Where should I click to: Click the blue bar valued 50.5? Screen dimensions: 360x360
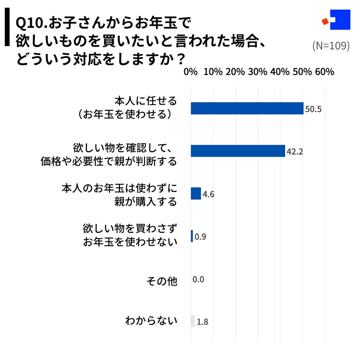[247, 108]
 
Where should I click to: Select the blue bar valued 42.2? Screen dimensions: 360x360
[238, 151]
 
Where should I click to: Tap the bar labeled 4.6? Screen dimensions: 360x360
[196, 193]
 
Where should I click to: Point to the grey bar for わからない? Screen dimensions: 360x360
[193, 321]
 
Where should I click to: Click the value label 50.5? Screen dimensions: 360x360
[313, 109]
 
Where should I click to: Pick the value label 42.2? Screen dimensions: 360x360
[295, 152]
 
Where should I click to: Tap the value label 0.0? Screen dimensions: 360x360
[198, 279]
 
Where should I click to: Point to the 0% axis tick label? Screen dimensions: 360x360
[191, 72]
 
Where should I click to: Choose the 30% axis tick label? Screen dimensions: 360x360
[257, 72]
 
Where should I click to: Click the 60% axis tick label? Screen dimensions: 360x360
[324, 72]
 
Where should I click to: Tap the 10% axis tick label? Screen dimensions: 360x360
[213, 72]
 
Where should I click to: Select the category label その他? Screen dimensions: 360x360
[161, 281]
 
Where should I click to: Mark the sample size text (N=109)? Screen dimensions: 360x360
[331, 46]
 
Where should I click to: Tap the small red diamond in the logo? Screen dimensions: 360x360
[325, 22]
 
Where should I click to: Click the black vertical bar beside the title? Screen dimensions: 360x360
[7, 29]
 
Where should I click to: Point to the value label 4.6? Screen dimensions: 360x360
[208, 194]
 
